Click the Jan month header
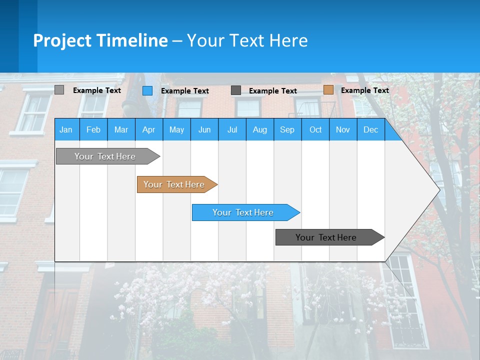point(66,129)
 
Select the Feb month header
point(93,129)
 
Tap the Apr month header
point(148,129)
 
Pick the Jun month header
point(204,129)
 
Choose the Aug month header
point(259,129)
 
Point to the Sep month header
point(287,129)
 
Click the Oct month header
point(315,129)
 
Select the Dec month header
point(370,129)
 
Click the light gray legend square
point(59,90)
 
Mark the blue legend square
point(147,90)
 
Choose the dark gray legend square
point(236,90)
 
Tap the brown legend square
point(328,90)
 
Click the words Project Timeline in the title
point(100,40)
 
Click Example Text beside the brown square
point(364,90)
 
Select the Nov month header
point(343,129)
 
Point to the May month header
point(176,129)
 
